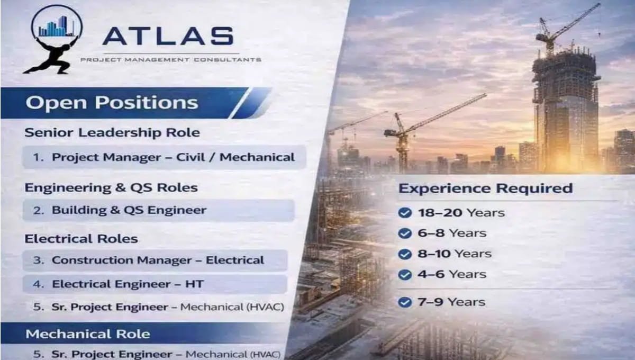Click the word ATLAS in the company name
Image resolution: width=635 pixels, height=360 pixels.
[168, 36]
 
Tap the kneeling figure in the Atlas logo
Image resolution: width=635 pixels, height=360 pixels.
[51, 55]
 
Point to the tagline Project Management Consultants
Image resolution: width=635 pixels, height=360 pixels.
[170, 60]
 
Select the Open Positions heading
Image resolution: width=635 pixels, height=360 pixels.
[112, 103]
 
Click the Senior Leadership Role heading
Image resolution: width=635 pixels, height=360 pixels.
[112, 132]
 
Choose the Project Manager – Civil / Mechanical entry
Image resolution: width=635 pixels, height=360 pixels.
[173, 157]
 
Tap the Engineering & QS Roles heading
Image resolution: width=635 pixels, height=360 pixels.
[111, 188]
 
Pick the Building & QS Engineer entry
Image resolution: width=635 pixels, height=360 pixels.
[129, 210]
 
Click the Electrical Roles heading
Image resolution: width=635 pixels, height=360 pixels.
[81, 239]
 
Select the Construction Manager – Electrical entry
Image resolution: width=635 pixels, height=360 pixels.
[157, 260]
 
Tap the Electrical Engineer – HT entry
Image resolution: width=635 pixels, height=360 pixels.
[128, 284]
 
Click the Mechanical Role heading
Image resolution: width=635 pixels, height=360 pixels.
[88, 334]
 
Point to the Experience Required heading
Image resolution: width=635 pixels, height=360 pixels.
[485, 188]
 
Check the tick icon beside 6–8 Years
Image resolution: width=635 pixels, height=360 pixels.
[405, 233]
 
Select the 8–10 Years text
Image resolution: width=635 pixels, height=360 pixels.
[454, 254]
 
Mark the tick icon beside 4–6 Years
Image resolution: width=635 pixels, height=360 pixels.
[405, 275]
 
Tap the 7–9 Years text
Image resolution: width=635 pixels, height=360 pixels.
[451, 302]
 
